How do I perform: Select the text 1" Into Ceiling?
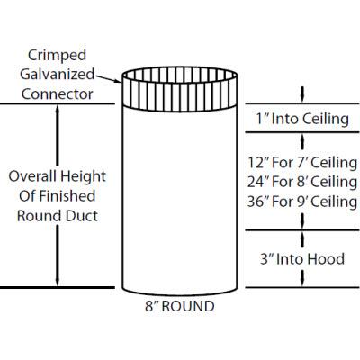(x=302, y=118)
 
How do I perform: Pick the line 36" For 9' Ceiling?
(x=302, y=202)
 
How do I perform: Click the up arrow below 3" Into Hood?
(x=302, y=280)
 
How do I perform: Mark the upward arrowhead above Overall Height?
(x=58, y=112)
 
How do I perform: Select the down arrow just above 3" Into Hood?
(x=302, y=238)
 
